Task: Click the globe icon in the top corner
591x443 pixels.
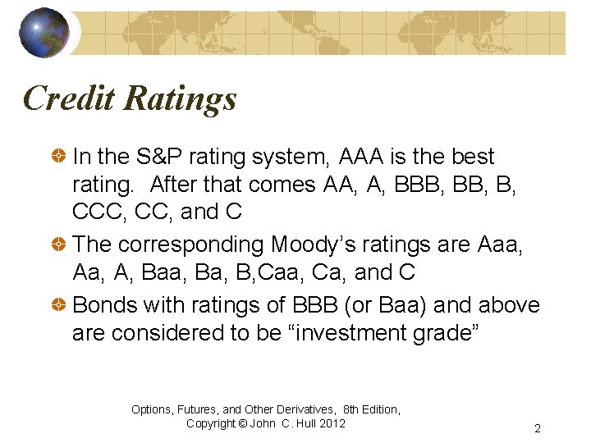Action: click(x=44, y=33)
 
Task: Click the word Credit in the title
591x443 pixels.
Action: click(x=69, y=98)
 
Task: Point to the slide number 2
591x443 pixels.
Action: click(x=537, y=428)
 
